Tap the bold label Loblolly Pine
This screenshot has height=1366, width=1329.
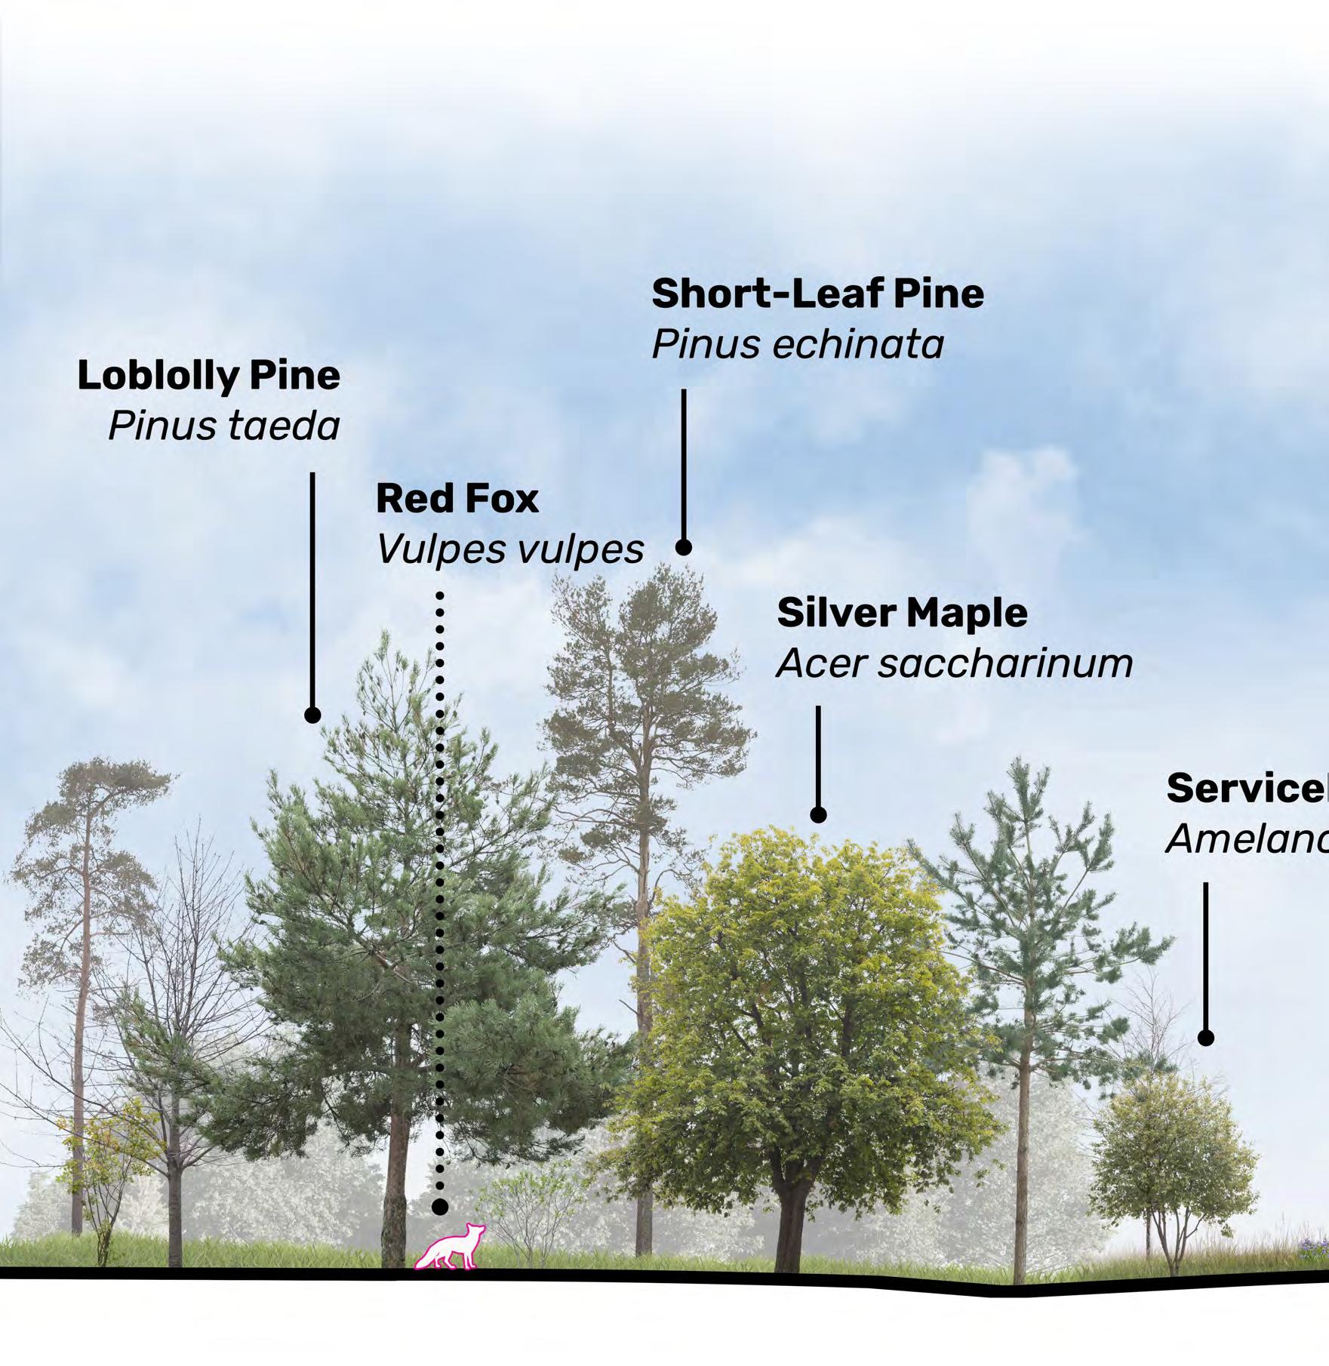tap(209, 376)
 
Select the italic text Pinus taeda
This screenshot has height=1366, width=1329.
tap(224, 426)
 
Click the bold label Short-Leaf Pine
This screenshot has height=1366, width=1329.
tap(817, 294)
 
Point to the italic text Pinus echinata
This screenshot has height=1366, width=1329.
tap(798, 345)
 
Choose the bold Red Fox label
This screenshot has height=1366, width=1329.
tap(457, 499)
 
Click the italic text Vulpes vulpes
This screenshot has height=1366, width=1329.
tap(510, 549)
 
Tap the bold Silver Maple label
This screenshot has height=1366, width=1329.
tap(902, 612)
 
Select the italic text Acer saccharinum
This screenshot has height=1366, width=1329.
tap(955, 664)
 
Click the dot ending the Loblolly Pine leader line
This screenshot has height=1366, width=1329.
tap(312, 715)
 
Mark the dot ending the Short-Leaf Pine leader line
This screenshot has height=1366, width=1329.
tap(684, 547)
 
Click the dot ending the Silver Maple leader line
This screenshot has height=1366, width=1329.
tap(818, 815)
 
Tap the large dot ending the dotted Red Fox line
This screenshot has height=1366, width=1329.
tap(440, 1228)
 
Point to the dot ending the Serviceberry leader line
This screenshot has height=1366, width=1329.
tap(1206, 1038)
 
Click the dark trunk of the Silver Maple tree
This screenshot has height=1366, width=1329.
tap(792, 1230)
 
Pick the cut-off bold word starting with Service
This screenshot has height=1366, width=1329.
tap(1247, 789)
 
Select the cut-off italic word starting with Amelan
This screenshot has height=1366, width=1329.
tap(1247, 839)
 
